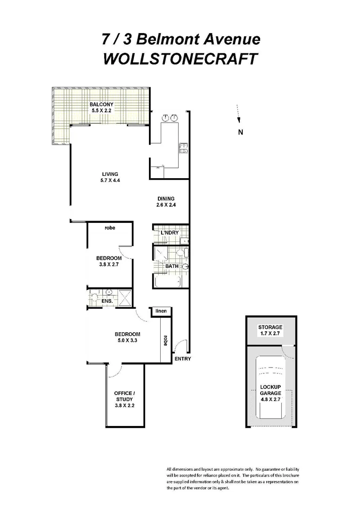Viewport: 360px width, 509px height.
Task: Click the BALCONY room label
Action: tap(101, 104)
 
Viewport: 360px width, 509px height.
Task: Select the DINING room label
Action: tap(165, 198)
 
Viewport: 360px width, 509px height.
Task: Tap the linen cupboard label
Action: tap(161, 312)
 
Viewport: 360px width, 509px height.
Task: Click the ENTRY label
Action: tap(182, 359)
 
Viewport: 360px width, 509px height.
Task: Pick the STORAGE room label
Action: tap(270, 327)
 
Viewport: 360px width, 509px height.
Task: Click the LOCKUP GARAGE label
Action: tap(270, 390)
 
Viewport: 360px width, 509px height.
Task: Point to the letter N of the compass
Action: tap(240, 132)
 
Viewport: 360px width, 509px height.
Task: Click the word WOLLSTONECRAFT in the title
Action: tap(180, 59)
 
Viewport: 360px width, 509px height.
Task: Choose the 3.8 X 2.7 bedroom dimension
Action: tap(109, 265)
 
